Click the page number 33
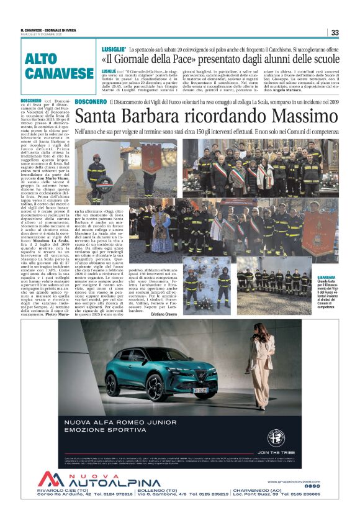[335, 32]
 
